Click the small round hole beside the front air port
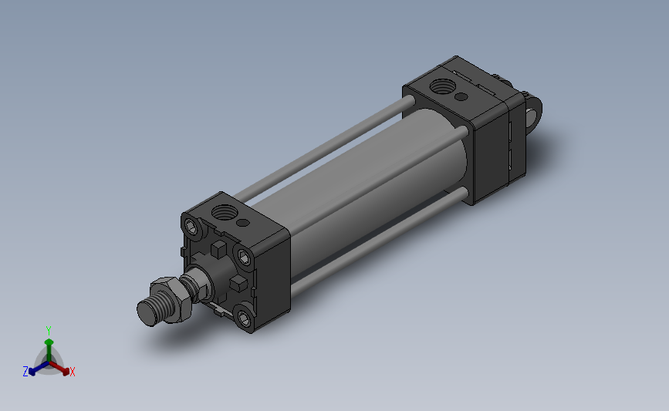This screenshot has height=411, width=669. (x=245, y=223)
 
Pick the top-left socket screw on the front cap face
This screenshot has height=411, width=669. (x=191, y=226)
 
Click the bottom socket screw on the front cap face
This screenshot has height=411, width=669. (x=245, y=316)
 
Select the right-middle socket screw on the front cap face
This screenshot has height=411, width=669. (x=245, y=256)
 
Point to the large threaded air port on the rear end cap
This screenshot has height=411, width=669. (x=445, y=85)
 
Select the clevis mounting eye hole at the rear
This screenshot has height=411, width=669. (x=534, y=113)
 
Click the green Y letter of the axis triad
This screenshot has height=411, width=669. (x=49, y=330)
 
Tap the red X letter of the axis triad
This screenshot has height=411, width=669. (x=73, y=372)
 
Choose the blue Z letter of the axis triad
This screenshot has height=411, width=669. (x=25, y=372)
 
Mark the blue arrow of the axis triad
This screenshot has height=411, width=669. (x=35, y=368)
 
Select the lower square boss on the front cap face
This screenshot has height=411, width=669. (x=238, y=285)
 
